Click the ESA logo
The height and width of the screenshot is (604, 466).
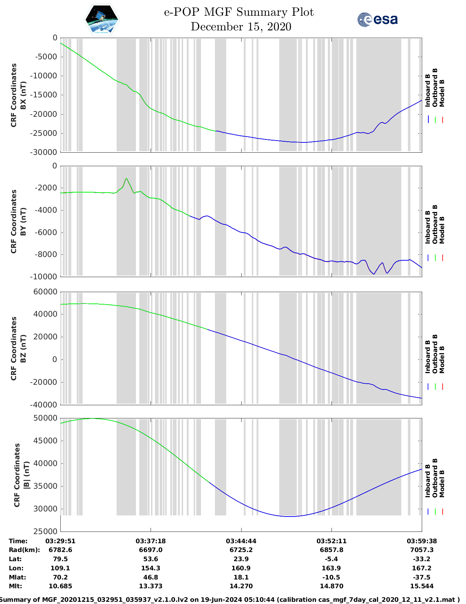coord(377,19)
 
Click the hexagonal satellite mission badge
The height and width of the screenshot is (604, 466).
coord(102,19)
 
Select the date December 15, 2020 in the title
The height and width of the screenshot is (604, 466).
coord(241,27)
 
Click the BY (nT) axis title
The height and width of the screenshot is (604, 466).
coord(23,221)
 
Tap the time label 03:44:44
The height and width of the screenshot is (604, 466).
coord(241,541)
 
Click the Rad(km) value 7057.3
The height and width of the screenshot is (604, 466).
coord(421,550)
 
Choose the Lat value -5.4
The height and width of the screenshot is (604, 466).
coord(331,559)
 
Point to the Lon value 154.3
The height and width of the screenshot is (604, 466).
coord(151,568)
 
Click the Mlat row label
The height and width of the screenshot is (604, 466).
coord(16,577)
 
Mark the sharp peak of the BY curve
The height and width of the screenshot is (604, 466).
coord(126,179)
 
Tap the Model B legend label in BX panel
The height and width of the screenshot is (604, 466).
coord(442,93)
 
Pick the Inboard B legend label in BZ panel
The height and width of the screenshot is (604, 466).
coord(428,357)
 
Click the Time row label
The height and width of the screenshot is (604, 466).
coord(18,541)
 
